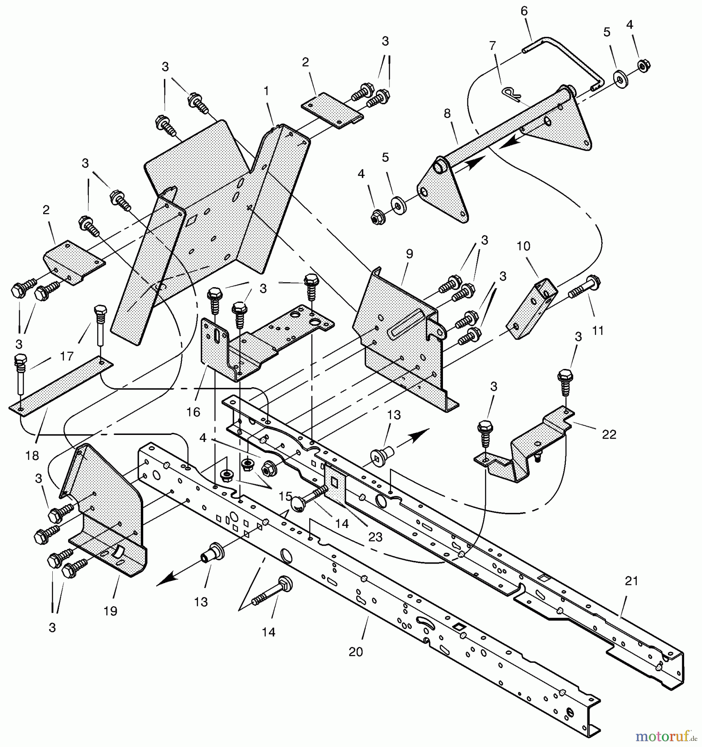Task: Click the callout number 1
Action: [x=266, y=91]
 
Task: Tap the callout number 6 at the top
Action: [x=524, y=11]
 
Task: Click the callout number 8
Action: [x=447, y=113]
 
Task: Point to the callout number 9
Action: [x=409, y=254]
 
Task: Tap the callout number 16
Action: [x=193, y=412]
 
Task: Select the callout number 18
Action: [x=32, y=455]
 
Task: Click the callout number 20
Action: [x=356, y=652]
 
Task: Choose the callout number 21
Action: [x=631, y=581]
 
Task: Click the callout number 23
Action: [x=375, y=537]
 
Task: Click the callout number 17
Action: [x=66, y=356]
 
